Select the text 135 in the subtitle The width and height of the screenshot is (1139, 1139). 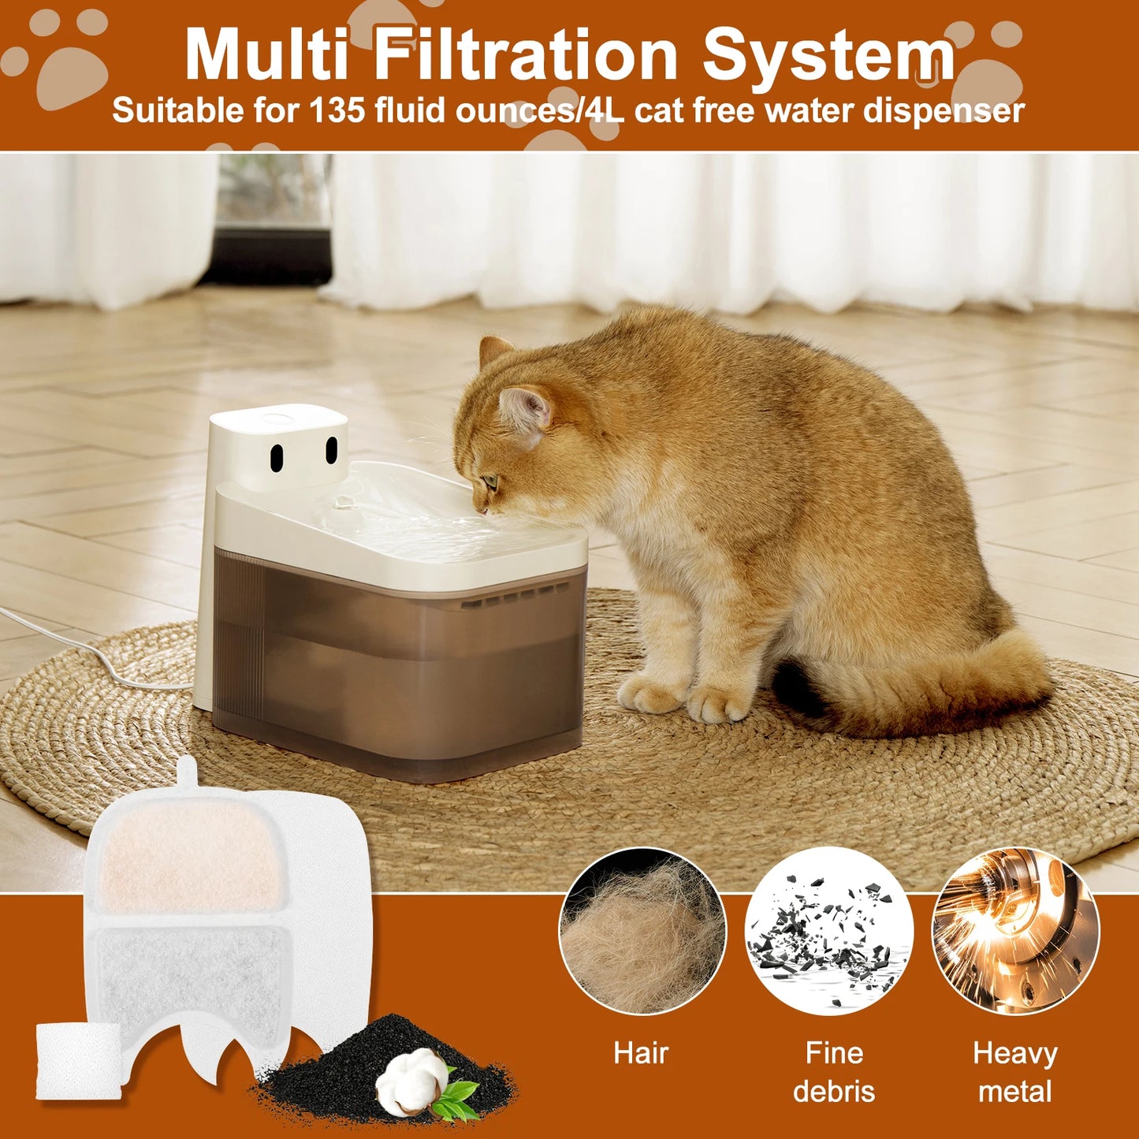pyautogui.click(x=337, y=110)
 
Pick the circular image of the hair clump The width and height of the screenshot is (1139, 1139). pyautogui.click(x=642, y=931)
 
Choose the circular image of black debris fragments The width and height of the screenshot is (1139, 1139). pyautogui.click(x=828, y=931)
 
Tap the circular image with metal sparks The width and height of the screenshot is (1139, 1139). pyautogui.click(x=1015, y=931)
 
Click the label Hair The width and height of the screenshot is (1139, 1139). pyautogui.click(x=641, y=1053)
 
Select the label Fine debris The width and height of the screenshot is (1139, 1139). pyautogui.click(x=834, y=1072)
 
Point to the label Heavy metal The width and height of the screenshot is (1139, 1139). pyautogui.click(x=1015, y=1072)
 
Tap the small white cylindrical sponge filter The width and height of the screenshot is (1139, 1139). pyautogui.click(x=78, y=1061)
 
